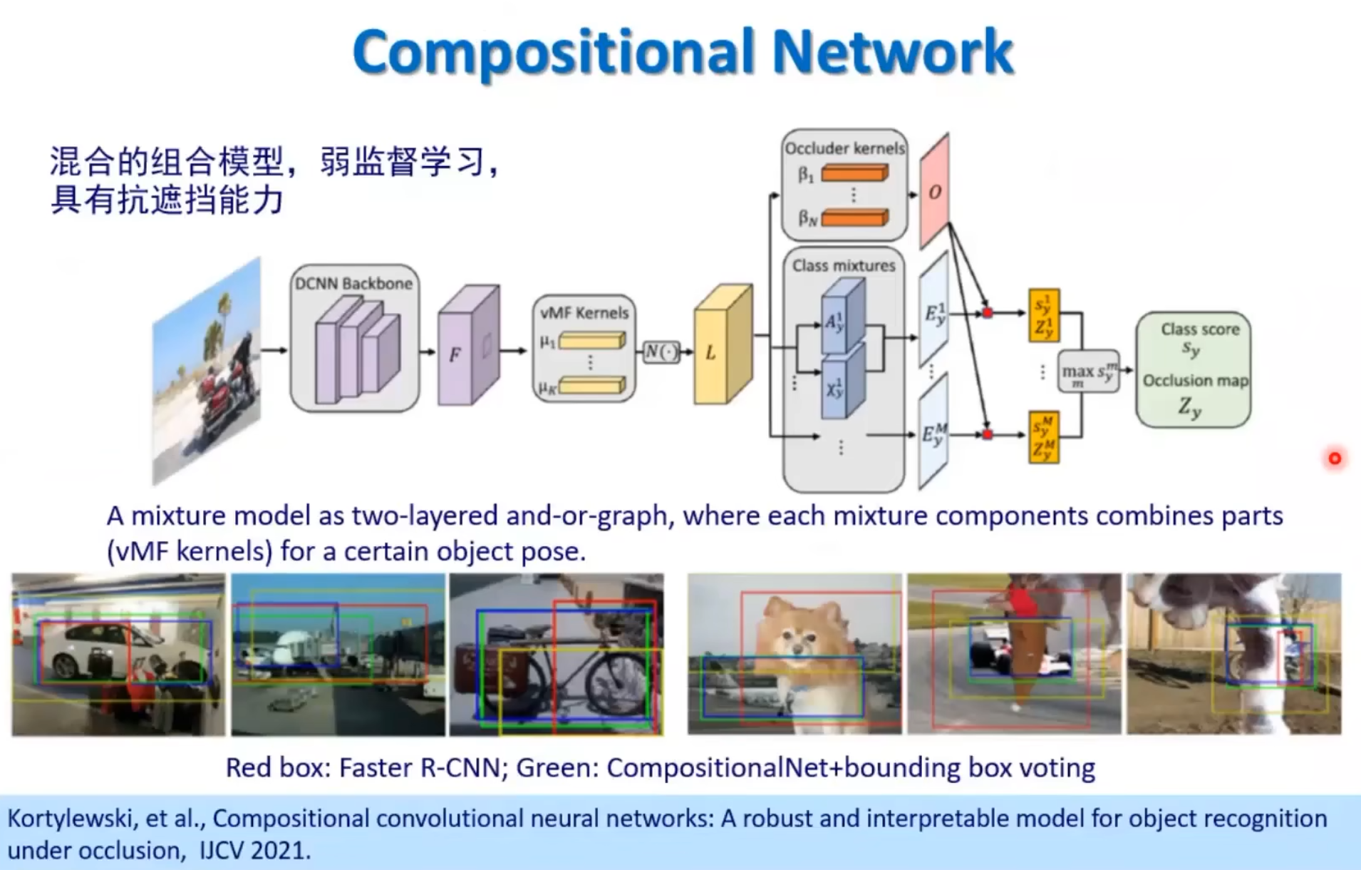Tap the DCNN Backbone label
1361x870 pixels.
point(353,283)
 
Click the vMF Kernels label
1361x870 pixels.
point(584,312)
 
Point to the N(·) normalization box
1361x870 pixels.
point(660,352)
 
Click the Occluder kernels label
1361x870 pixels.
point(844,148)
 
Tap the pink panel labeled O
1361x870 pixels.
point(935,191)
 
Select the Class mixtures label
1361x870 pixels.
point(844,265)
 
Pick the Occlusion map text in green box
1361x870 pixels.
point(1195,380)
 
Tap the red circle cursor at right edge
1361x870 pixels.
point(1335,458)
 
